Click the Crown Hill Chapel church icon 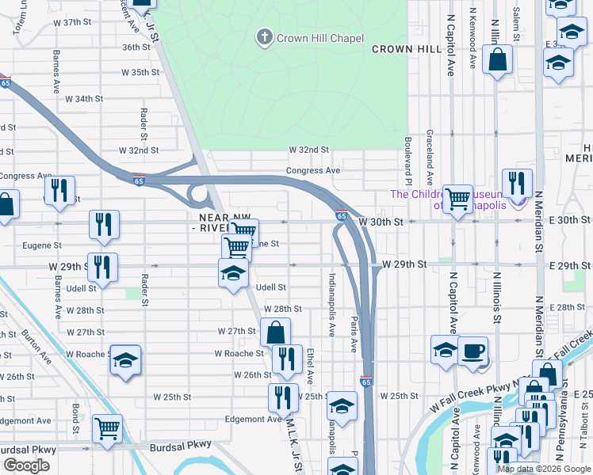coord(263,37)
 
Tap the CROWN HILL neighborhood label coord(407,49)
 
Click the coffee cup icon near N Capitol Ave coord(474,351)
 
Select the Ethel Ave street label coord(310,366)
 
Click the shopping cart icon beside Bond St coord(107,429)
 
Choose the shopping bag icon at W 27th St coord(275,332)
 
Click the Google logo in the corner coord(26,465)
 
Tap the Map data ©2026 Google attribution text coord(543,469)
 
